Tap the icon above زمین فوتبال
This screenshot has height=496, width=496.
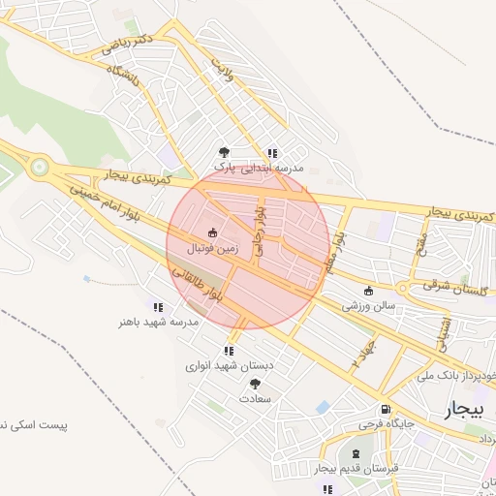[212, 232]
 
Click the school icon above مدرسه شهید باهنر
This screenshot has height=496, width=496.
[158, 307]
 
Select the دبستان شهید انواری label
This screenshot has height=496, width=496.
[231, 366]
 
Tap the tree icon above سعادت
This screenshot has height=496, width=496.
[255, 384]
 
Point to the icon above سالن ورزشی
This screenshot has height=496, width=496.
[367, 291]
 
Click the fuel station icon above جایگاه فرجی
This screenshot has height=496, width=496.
[386, 409]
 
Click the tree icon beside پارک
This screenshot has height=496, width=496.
[225, 152]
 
